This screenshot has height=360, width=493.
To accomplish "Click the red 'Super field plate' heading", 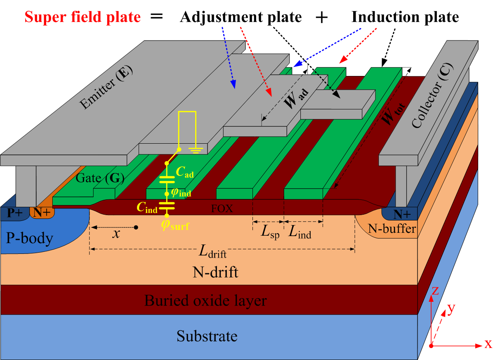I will [x=82, y=17].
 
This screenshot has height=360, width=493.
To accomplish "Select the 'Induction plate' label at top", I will [x=405, y=17].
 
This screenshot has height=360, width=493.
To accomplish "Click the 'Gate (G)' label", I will [x=100, y=178].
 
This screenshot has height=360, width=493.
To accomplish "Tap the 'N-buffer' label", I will [x=392, y=228].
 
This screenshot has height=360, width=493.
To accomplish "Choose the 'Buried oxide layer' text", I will [x=205, y=300].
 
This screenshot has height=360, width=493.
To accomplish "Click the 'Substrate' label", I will [x=207, y=336].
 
